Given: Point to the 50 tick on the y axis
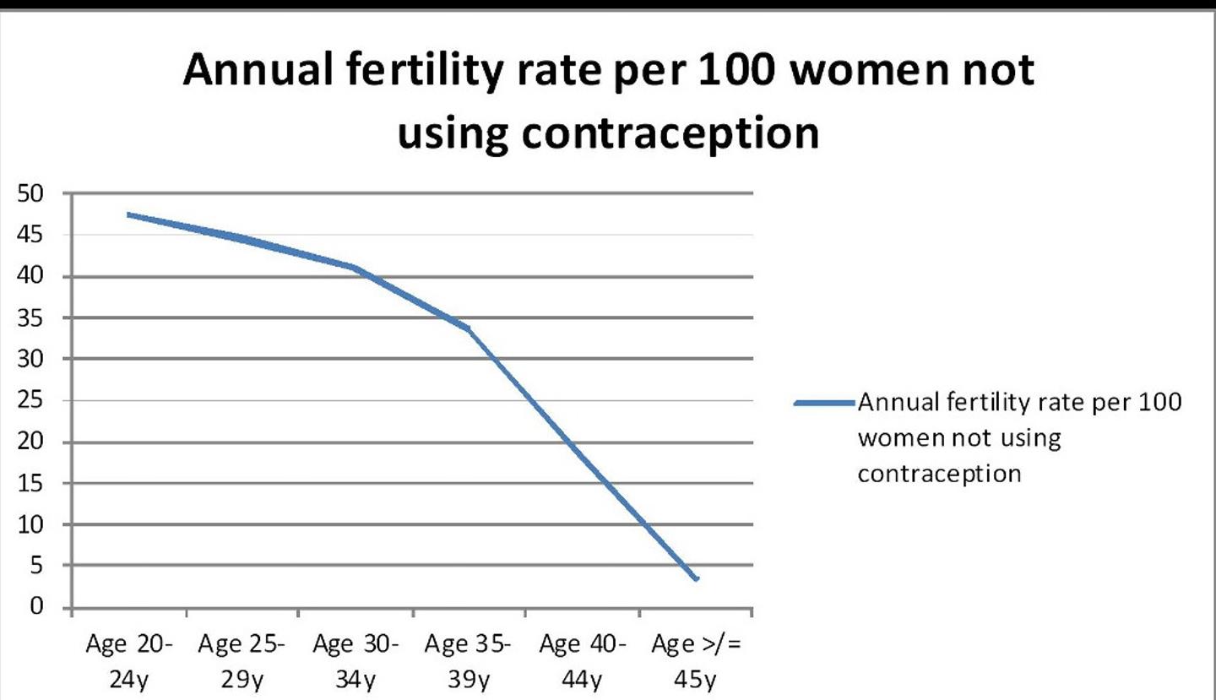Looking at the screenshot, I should coord(31,194).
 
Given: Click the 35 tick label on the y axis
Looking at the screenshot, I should coord(31,318).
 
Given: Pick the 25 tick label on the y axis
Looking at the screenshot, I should coord(31,401).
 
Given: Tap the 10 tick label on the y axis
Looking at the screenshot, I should coord(31,525).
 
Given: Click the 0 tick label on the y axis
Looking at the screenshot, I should coord(35,608).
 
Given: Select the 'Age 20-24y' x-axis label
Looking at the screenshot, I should coord(129,661).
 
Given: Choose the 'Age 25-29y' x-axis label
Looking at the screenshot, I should coord(242,661).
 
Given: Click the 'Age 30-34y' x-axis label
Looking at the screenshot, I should coord(356,661).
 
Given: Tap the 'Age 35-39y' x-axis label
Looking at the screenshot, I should coord(469,661).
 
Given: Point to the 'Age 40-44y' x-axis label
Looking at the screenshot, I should coord(582,661).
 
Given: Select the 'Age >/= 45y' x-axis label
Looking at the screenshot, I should coord(695,661).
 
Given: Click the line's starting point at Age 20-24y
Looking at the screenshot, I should coord(129,214).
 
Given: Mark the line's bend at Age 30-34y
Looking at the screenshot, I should coord(356,269).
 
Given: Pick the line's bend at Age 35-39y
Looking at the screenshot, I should coord(469,328).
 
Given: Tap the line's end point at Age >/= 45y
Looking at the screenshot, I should coord(696,578).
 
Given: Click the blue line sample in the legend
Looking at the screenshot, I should coord(824,403).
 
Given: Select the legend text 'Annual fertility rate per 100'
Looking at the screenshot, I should coord(1019,403).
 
